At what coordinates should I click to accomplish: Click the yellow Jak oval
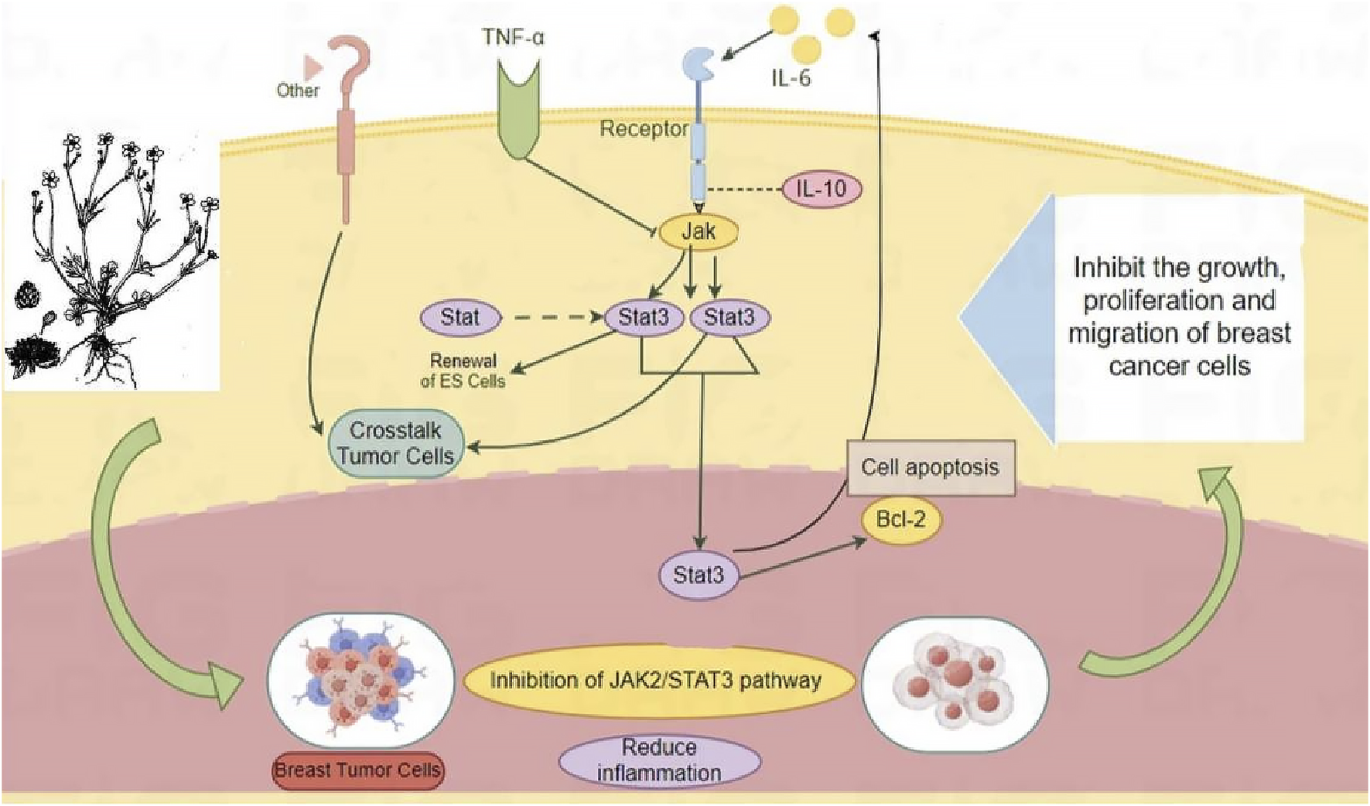698,231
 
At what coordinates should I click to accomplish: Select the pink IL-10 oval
822,188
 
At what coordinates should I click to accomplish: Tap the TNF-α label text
513,36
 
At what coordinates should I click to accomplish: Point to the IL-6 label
791,78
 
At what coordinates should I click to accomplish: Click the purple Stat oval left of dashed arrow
460,317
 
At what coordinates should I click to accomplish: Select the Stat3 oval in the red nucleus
698,575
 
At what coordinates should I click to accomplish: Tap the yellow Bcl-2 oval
900,518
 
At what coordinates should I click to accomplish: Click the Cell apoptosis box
930,467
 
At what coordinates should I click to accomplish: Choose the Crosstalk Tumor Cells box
396,442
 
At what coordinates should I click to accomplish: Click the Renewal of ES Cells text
463,371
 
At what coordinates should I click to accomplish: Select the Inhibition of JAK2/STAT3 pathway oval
655,681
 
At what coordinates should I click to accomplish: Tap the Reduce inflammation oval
659,760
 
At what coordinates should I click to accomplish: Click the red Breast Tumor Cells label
357,770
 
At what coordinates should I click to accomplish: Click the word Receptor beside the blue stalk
644,129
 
